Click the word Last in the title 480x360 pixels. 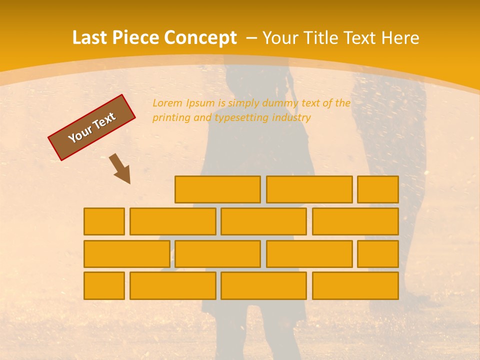90,38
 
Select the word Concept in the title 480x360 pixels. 200,38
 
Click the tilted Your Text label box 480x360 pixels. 92,127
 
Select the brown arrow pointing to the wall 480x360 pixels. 120,168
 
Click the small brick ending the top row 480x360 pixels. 378,189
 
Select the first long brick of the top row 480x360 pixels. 217,189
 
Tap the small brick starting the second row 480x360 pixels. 104,221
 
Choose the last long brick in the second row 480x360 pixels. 355,221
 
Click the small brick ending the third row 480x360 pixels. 378,253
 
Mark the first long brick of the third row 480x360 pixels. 126,253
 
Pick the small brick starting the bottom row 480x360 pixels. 104,285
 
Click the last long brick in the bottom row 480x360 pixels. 355,285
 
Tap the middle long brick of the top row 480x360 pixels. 309,189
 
